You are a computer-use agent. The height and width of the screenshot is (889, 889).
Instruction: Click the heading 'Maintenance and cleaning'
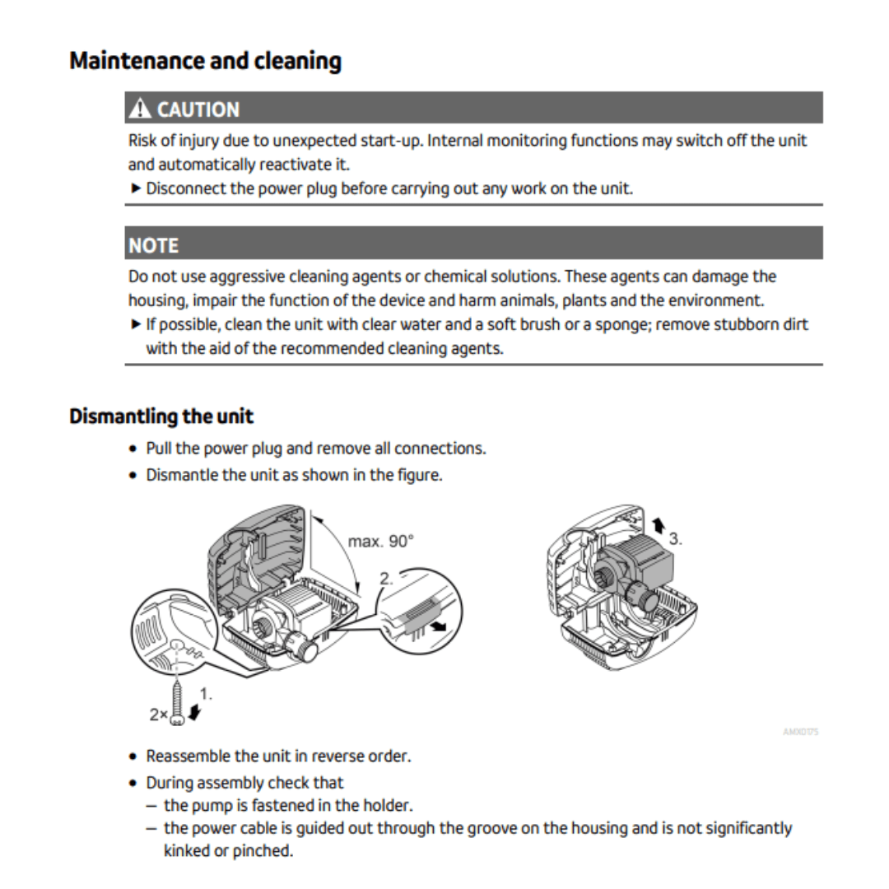point(205,61)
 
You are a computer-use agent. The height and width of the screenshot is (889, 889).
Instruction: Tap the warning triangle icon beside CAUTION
point(140,109)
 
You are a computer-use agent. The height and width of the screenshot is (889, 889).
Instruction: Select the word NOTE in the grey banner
point(153,245)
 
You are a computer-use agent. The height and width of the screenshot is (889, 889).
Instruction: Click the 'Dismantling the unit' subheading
point(161,416)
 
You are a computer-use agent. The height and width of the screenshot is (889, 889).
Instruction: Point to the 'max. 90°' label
point(381,542)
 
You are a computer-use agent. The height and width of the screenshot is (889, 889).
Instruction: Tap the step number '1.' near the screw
point(206,693)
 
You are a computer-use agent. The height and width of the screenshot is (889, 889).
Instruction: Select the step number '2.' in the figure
point(387,579)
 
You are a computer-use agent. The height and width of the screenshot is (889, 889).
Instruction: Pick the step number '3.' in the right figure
point(675,539)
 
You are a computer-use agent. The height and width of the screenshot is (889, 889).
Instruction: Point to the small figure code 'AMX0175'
point(801,732)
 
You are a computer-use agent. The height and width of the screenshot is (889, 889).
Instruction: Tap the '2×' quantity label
point(158,715)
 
